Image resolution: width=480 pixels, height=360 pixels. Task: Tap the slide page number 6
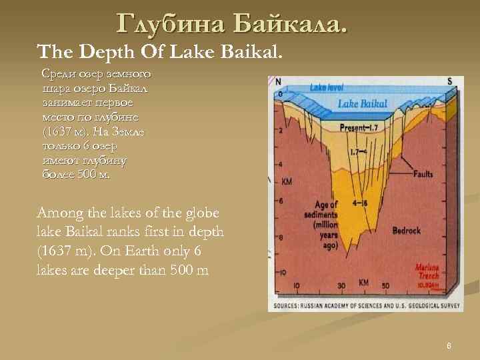[x=449, y=345]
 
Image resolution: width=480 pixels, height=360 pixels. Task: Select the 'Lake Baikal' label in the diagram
[x=366, y=103]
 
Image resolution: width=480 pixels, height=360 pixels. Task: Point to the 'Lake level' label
[x=326, y=87]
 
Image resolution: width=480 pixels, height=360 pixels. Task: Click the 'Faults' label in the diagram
[x=422, y=174]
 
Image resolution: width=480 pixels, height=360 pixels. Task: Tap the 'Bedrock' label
[x=407, y=231]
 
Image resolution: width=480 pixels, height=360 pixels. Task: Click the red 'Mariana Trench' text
[x=429, y=268]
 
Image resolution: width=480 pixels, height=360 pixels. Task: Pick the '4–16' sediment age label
[x=363, y=203]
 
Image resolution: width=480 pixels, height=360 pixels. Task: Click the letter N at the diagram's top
[x=278, y=82]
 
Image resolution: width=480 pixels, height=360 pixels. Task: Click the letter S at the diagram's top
[x=449, y=81]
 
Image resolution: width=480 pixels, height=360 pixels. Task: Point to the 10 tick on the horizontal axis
[x=296, y=286]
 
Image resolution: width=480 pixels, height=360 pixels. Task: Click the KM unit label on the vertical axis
[x=287, y=181]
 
